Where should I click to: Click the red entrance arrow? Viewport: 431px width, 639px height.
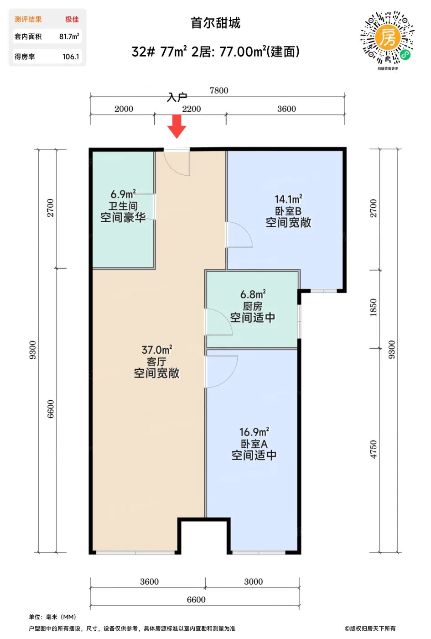coord(177,126)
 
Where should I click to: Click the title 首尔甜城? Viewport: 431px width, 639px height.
coord(215,23)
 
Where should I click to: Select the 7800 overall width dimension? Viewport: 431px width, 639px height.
coord(218,90)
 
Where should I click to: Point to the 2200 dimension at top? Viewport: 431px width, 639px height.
coord(191,109)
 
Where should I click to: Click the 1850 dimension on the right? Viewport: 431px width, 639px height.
coord(373,308)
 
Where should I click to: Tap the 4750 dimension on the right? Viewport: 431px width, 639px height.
coord(373,449)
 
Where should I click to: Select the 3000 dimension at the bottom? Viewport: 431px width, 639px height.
coord(253,581)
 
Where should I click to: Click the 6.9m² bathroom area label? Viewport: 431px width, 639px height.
coord(123,194)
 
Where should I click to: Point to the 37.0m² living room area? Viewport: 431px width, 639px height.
coord(156,350)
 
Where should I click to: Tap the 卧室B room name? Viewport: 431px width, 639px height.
coord(288,211)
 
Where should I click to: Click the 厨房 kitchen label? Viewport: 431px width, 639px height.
coord(252,306)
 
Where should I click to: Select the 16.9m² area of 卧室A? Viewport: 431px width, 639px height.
coord(254,431)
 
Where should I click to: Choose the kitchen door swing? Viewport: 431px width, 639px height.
coord(218,322)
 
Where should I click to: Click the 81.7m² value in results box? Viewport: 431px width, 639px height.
coord(69,37)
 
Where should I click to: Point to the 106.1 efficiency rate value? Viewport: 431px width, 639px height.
coord(71,57)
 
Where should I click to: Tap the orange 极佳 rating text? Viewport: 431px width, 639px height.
coord(72,19)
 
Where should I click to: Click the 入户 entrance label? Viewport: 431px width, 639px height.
coord(177,97)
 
